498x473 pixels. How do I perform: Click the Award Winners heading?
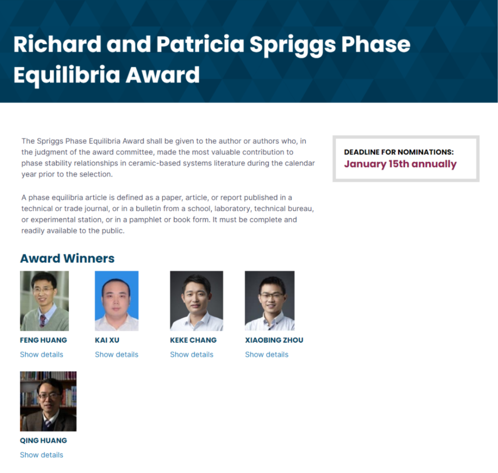(x=67, y=258)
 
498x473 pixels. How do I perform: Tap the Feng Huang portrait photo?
(x=44, y=301)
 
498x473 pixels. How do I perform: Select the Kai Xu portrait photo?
(x=117, y=301)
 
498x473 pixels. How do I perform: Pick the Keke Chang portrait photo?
(x=197, y=301)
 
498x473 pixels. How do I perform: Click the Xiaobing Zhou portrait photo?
(x=269, y=301)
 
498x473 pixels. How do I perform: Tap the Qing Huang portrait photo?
(x=48, y=401)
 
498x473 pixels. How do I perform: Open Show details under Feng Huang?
(x=42, y=355)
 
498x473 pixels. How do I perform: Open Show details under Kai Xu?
(x=117, y=355)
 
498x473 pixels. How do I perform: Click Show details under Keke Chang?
(x=192, y=355)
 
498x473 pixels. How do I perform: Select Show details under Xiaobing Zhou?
(x=267, y=355)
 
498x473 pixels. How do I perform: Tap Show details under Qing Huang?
(x=42, y=455)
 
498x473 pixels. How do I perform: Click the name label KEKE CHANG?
(x=193, y=340)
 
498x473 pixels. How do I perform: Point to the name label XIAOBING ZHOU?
(x=274, y=340)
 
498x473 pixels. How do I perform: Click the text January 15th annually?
(x=400, y=164)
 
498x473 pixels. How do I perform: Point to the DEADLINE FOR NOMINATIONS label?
(x=399, y=152)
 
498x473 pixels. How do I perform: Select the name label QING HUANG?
(x=43, y=440)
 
